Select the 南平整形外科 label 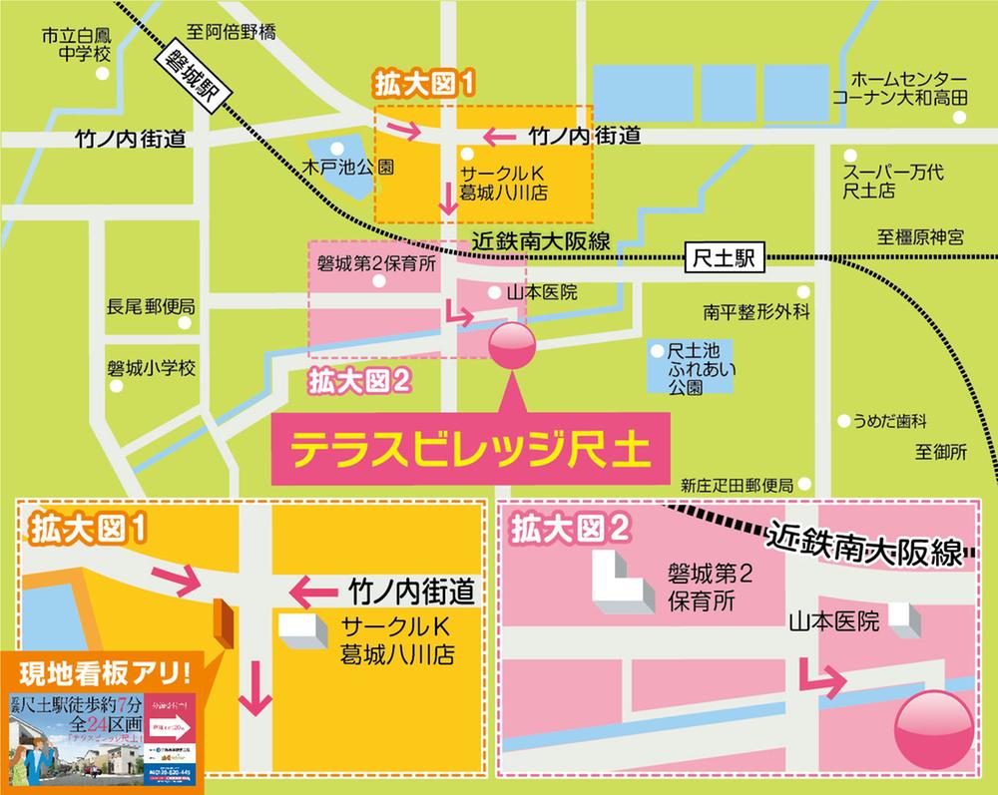click(x=755, y=312)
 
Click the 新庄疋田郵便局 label click(x=737, y=485)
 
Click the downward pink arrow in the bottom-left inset click(x=256, y=689)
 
